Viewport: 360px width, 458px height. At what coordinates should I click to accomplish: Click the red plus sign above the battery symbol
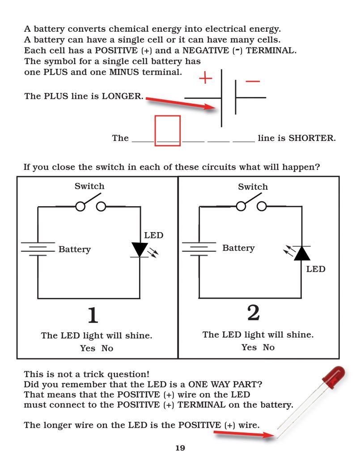pyautogui.click(x=205, y=79)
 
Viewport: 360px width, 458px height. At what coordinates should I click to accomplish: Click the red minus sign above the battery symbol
pyautogui.click(x=253, y=81)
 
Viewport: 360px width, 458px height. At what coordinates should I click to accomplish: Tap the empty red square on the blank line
pyautogui.click(x=168, y=131)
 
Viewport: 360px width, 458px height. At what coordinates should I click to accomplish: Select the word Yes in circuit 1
pyautogui.click(x=88, y=348)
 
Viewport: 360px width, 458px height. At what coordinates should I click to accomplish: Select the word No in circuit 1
pyautogui.click(x=107, y=348)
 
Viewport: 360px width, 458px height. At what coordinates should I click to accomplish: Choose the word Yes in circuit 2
pyautogui.click(x=249, y=347)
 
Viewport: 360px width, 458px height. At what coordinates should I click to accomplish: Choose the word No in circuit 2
pyautogui.click(x=269, y=347)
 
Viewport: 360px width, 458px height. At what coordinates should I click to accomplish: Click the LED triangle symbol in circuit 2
pyautogui.click(x=302, y=253)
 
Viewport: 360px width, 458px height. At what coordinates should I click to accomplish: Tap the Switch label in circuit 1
pyautogui.click(x=89, y=186)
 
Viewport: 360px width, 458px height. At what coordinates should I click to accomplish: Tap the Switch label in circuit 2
pyautogui.click(x=253, y=187)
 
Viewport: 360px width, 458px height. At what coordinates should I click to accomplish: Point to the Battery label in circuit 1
pyautogui.click(x=75, y=250)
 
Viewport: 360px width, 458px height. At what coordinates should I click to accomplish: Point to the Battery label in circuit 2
pyautogui.click(x=238, y=248)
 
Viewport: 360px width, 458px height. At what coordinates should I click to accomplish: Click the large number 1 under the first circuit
pyautogui.click(x=92, y=315)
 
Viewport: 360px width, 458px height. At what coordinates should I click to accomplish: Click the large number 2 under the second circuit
pyautogui.click(x=253, y=313)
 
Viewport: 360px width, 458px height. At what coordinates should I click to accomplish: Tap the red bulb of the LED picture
pyautogui.click(x=335, y=375)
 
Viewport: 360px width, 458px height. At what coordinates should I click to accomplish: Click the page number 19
pyautogui.click(x=180, y=448)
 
